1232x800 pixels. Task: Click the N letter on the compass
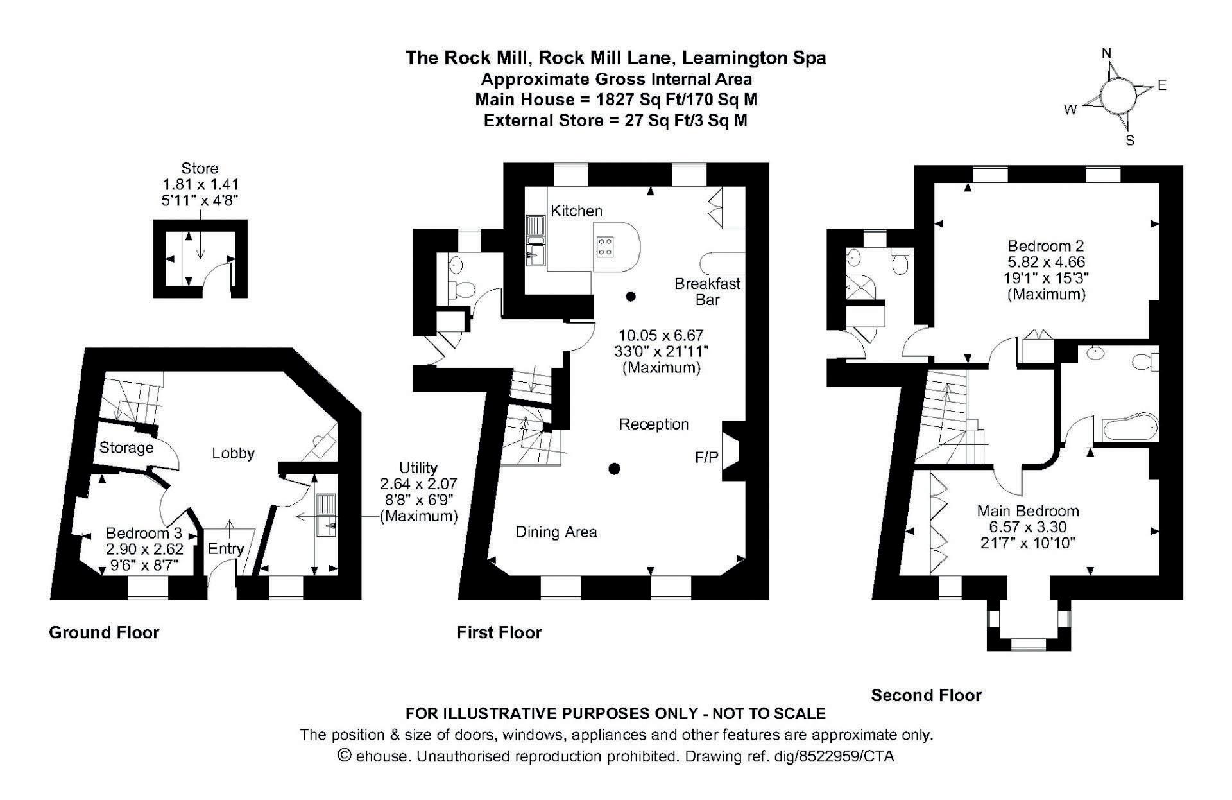pyautogui.click(x=1106, y=54)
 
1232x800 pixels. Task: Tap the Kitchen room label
pyautogui.click(x=577, y=211)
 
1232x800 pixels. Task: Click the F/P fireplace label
pyautogui.click(x=706, y=457)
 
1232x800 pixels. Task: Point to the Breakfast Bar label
pyautogui.click(x=707, y=291)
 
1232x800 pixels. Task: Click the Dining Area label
pyautogui.click(x=556, y=532)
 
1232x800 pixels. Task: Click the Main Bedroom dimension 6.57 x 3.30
pyautogui.click(x=1028, y=527)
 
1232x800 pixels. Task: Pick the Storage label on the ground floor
pyautogui.click(x=126, y=448)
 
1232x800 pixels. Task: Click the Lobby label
pyautogui.click(x=234, y=453)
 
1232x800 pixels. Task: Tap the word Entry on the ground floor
pyautogui.click(x=226, y=548)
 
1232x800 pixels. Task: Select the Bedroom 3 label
pyautogui.click(x=144, y=533)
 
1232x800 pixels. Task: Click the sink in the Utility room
pyautogui.click(x=326, y=516)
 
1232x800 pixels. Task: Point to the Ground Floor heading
pyautogui.click(x=104, y=632)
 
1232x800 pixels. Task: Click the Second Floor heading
pyautogui.click(x=926, y=695)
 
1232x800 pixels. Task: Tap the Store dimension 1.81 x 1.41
pyautogui.click(x=200, y=184)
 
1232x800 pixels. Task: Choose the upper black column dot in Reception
pyautogui.click(x=631, y=297)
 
